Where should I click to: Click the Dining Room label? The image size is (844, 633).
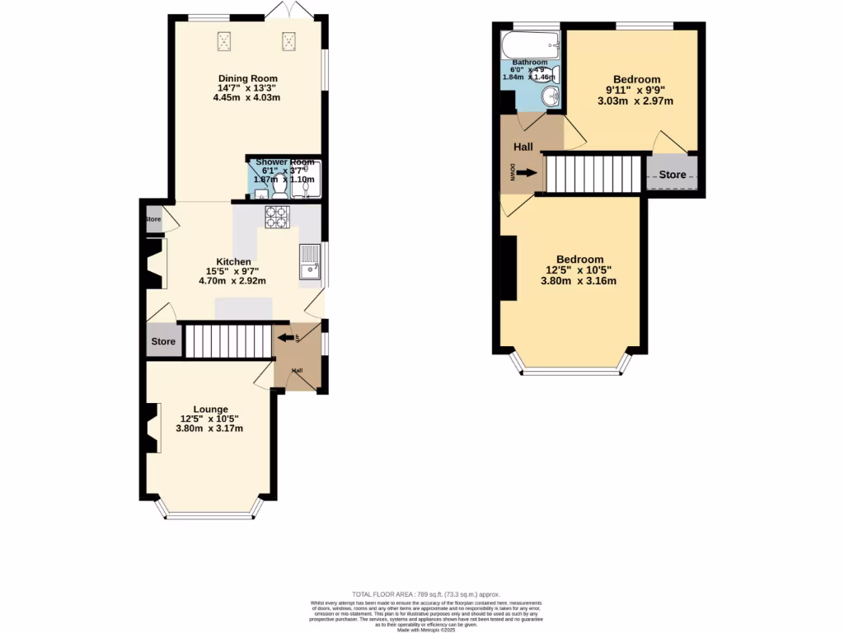(x=247, y=78)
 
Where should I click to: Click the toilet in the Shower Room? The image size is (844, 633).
(x=279, y=190)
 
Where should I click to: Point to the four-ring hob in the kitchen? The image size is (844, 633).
(x=276, y=217)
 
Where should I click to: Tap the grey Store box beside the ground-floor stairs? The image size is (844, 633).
(x=163, y=341)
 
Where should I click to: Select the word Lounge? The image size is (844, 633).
(x=211, y=409)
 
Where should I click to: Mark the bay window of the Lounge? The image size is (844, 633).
(x=209, y=516)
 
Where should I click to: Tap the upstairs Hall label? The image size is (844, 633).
(x=523, y=148)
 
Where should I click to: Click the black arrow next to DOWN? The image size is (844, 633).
(x=528, y=173)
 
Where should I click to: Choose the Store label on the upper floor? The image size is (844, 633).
(x=672, y=175)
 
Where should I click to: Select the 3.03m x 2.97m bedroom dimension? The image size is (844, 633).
(x=635, y=101)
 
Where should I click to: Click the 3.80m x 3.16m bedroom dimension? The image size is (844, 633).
(x=579, y=281)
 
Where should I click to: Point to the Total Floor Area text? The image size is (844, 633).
(x=426, y=594)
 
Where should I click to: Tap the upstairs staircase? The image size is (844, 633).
(x=593, y=174)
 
